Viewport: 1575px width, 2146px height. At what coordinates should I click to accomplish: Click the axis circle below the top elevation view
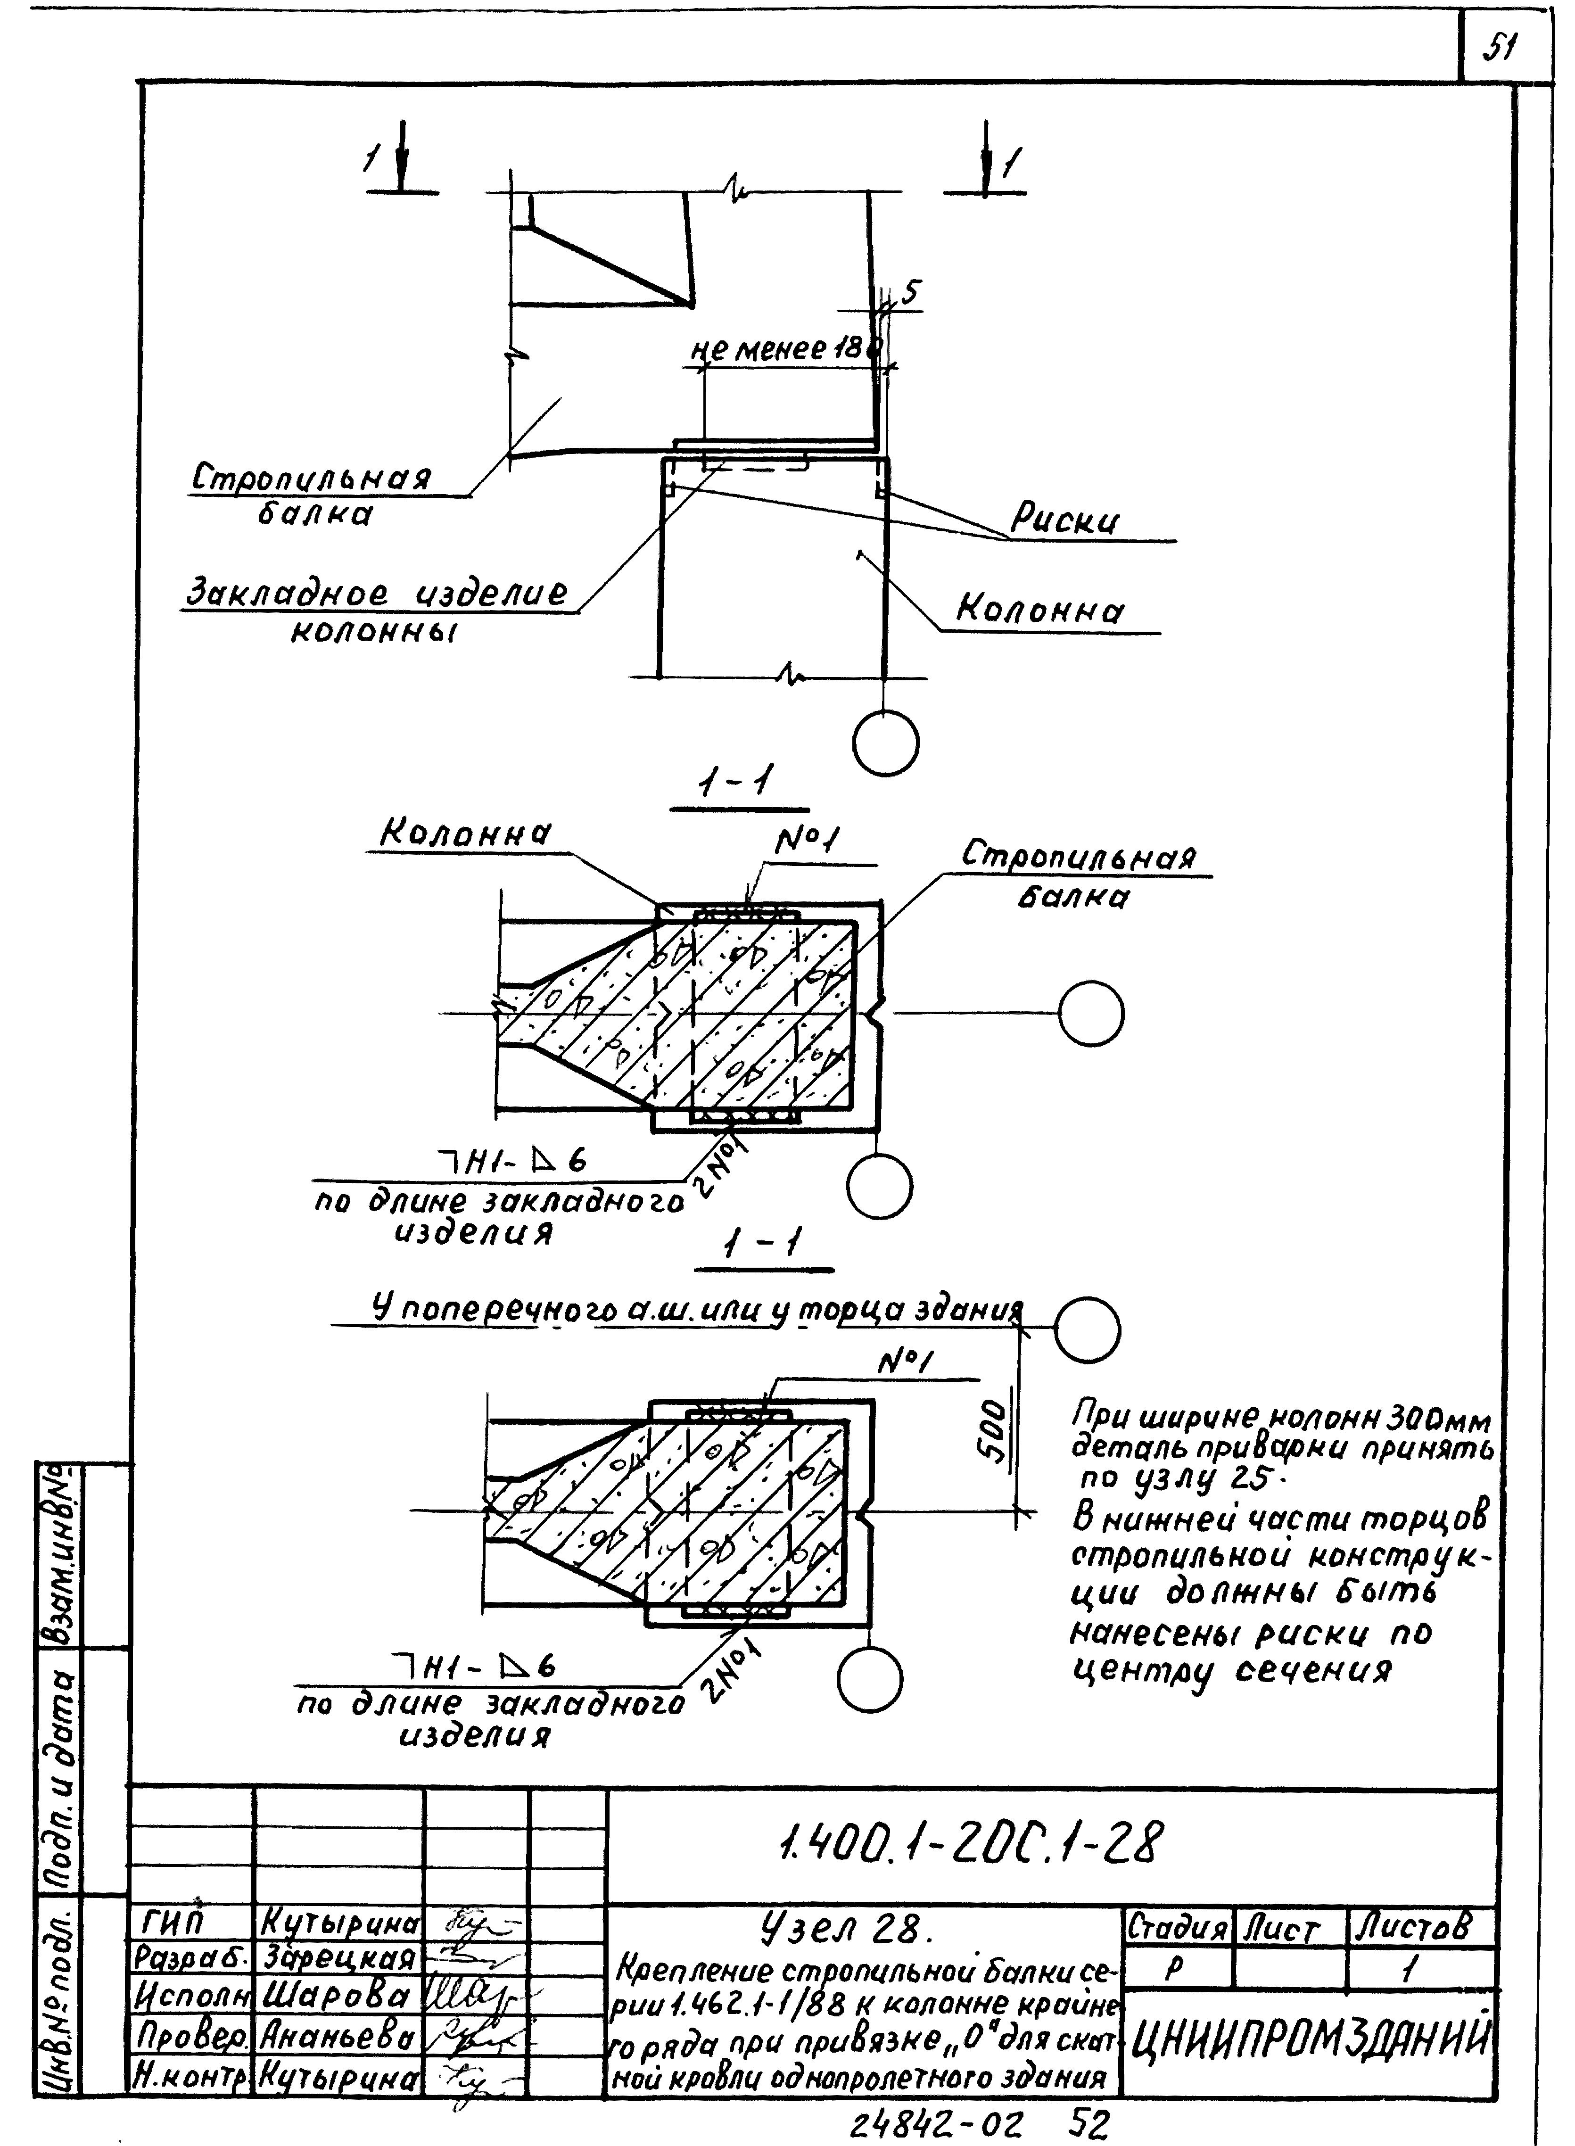pos(886,743)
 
